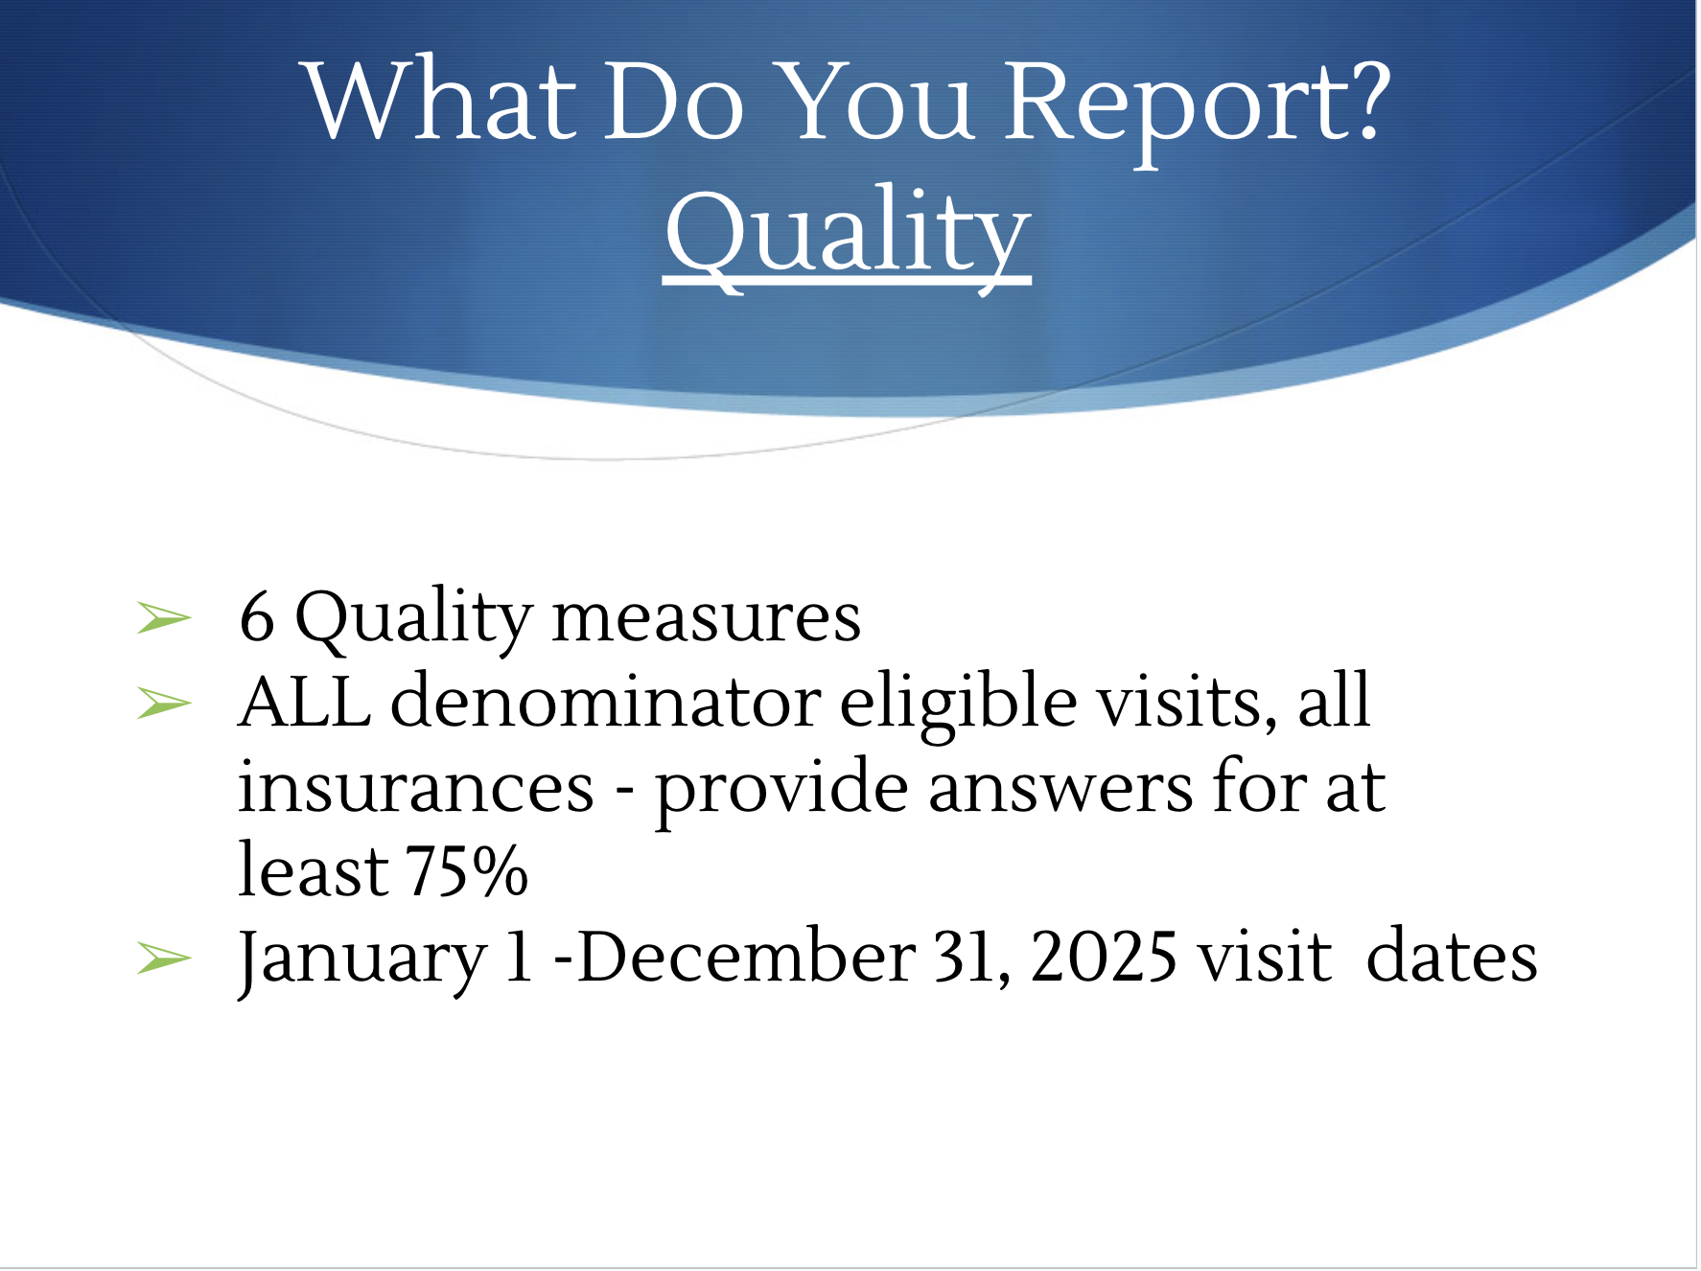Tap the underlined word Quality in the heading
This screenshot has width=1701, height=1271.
coord(848,235)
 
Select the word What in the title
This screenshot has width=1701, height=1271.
coord(441,100)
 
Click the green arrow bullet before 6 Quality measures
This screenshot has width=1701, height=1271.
coord(164,617)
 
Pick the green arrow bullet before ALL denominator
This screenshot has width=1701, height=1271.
coord(164,704)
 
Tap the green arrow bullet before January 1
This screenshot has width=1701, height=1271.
coord(164,958)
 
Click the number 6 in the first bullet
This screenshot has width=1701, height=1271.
coord(257,616)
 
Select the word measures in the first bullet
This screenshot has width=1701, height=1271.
coord(707,618)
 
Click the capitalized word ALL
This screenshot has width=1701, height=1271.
coord(305,701)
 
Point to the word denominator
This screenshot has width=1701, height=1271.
coord(606,701)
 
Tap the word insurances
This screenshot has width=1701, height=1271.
coord(416,787)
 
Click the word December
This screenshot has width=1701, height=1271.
coord(747,957)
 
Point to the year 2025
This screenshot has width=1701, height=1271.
coord(1104,957)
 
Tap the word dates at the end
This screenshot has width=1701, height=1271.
coord(1452,956)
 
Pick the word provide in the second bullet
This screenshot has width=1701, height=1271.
coord(781,791)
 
